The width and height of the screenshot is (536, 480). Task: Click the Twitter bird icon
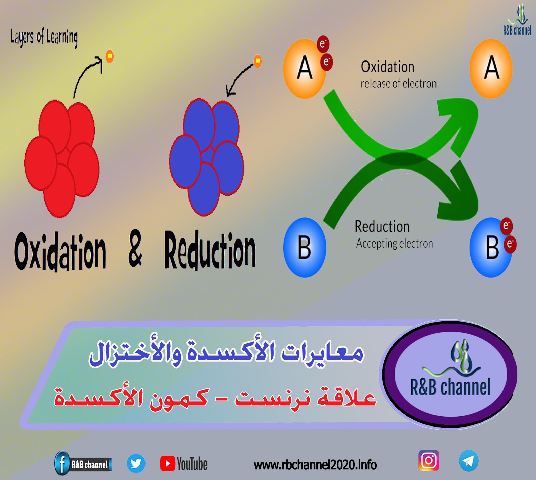click(136, 464)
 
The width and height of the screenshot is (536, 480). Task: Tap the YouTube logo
click(184, 464)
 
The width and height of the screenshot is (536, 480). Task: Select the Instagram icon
click(429, 461)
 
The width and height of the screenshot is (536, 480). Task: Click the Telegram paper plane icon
click(468, 461)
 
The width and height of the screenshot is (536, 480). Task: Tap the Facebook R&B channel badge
click(83, 464)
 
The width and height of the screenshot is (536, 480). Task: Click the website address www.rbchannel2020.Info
click(315, 465)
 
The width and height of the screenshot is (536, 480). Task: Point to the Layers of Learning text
click(44, 38)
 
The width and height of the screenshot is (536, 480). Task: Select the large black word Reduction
click(210, 250)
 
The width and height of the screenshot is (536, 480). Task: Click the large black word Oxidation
click(60, 251)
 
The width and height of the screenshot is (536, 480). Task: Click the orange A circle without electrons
click(491, 68)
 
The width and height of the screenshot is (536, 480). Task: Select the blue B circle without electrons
click(305, 248)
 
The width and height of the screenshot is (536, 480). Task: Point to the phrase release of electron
click(399, 83)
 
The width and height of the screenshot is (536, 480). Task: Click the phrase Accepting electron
click(395, 244)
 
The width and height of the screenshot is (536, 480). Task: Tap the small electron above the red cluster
click(110, 56)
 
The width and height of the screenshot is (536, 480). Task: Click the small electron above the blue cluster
click(258, 61)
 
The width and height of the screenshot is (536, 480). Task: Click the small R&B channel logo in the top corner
click(517, 20)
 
